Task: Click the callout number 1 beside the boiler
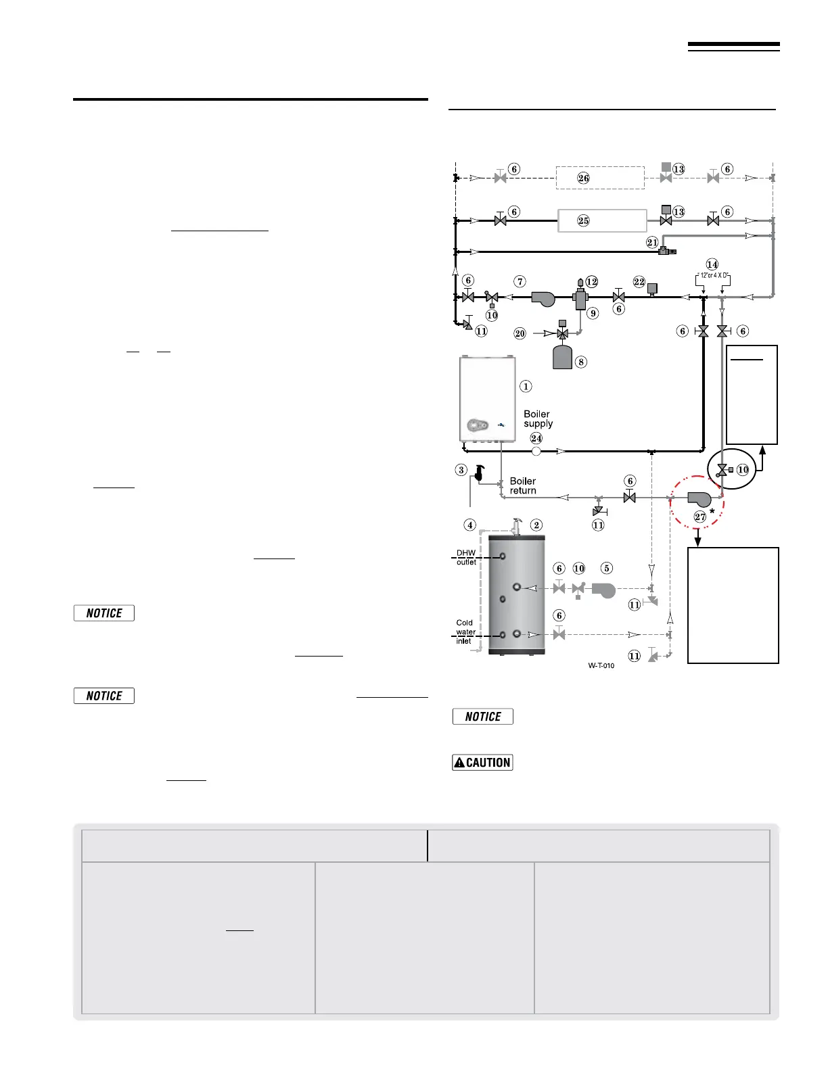[x=526, y=387]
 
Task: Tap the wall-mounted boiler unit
[x=487, y=399]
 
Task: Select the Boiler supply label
[x=538, y=419]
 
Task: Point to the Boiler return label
[x=523, y=485]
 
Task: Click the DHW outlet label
[x=466, y=557]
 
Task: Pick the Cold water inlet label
[x=465, y=632]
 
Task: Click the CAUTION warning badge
[x=482, y=762]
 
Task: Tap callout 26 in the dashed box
[x=583, y=178]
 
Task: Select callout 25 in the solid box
[x=583, y=220]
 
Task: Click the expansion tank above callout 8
[x=563, y=357]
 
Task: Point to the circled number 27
[x=700, y=517]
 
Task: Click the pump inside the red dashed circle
[x=699, y=499]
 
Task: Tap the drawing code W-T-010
[x=601, y=665]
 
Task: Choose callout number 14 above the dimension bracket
[x=712, y=264]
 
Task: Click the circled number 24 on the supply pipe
[x=536, y=438]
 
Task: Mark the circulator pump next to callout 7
[x=543, y=298]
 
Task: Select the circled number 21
[x=652, y=242]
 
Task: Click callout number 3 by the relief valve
[x=461, y=470]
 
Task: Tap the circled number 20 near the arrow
[x=520, y=333]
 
